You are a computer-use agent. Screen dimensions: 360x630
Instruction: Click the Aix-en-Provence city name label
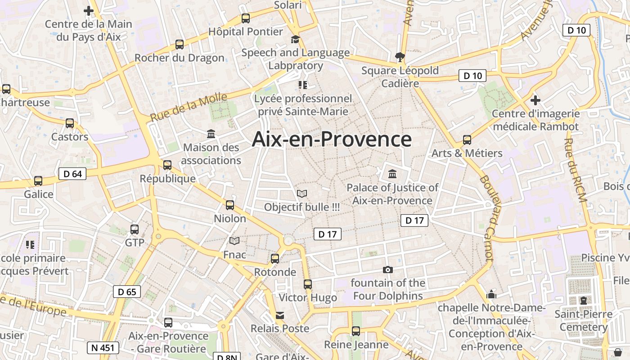click(332, 139)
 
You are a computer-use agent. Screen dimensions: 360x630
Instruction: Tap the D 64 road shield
click(72, 174)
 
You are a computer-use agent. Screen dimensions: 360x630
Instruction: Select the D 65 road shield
click(127, 292)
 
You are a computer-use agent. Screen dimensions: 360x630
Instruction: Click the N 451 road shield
click(103, 347)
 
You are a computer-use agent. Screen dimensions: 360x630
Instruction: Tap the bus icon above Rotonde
click(275, 259)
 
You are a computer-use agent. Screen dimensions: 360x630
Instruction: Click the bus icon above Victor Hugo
click(308, 284)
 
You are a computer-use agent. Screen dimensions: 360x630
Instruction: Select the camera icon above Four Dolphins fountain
click(387, 270)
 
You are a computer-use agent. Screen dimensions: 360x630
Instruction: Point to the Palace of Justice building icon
click(392, 174)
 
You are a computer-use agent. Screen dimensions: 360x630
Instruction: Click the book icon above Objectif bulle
click(302, 193)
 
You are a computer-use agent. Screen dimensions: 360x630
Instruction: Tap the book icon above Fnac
click(234, 241)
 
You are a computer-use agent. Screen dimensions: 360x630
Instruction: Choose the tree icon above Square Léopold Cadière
click(400, 57)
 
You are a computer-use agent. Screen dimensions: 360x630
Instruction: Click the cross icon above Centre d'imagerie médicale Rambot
click(535, 100)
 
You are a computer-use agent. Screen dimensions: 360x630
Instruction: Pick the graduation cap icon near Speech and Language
click(295, 40)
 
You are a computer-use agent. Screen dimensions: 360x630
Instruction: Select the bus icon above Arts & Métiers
click(467, 140)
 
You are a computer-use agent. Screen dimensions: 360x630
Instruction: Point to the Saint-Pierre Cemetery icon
click(584, 300)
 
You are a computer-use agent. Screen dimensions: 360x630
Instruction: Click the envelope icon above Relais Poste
click(280, 315)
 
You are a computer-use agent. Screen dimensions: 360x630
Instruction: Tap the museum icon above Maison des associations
click(211, 134)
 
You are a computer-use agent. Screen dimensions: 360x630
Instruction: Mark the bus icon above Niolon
click(230, 205)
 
